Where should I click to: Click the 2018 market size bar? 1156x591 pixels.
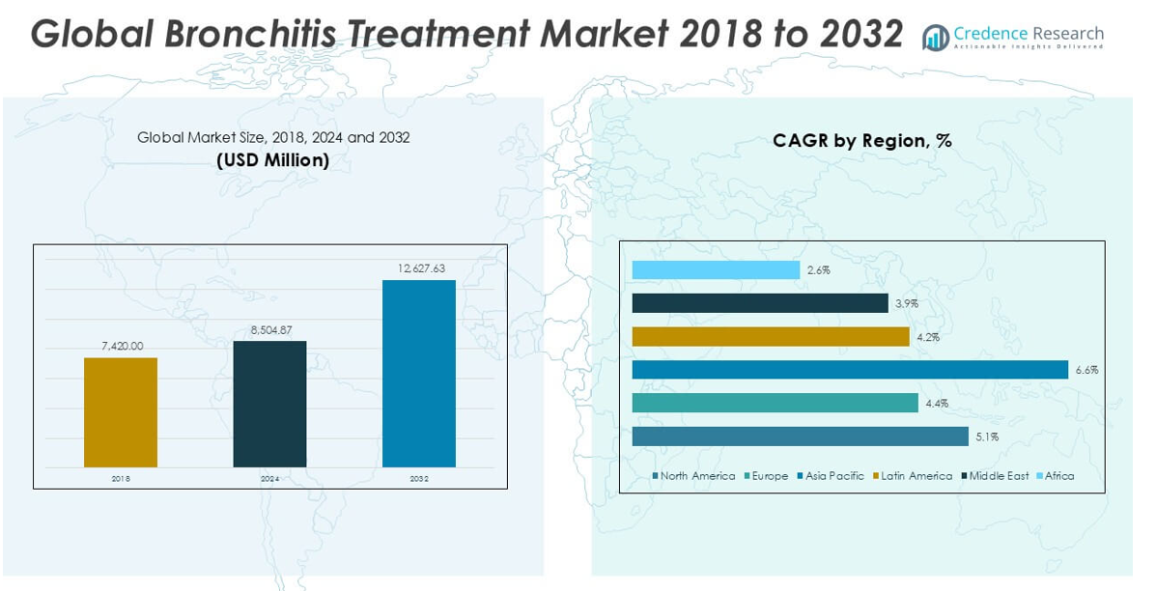[121, 412]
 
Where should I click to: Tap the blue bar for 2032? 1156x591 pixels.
[419, 374]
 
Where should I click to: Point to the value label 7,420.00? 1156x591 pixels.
[121, 346]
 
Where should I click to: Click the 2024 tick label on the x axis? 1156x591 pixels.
[269, 478]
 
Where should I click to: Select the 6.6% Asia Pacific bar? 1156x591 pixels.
[850, 370]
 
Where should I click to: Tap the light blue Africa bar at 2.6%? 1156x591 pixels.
[716, 270]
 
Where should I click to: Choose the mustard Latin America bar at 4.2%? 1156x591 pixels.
[771, 336]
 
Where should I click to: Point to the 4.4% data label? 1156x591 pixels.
[937, 404]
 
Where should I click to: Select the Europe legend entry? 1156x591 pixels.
[767, 476]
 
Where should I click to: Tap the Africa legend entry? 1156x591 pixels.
[1056, 476]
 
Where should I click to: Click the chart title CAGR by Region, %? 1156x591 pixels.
[861, 141]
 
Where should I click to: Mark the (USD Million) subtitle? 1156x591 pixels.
[272, 160]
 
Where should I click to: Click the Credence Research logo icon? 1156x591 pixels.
[935, 38]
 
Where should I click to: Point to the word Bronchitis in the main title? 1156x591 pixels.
[252, 34]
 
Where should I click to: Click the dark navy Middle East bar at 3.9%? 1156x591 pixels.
[760, 303]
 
